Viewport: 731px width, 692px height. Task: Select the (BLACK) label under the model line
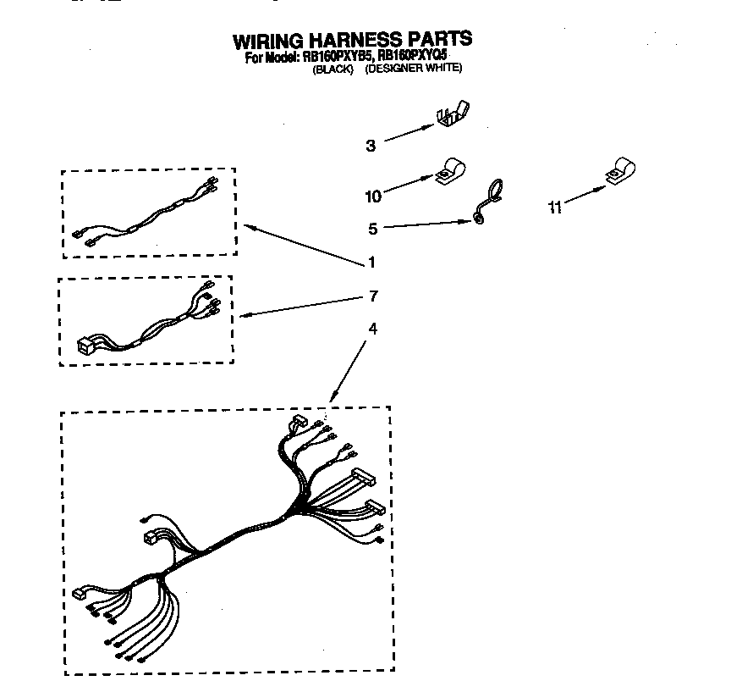(x=333, y=69)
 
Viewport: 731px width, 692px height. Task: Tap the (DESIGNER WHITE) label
(x=414, y=69)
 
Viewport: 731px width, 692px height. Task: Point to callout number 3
(x=371, y=145)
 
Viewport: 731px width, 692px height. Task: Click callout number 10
(x=373, y=197)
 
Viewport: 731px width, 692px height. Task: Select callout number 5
(x=372, y=227)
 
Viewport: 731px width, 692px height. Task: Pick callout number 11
(x=555, y=207)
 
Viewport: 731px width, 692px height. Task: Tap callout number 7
(x=373, y=296)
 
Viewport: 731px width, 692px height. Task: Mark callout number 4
(x=371, y=328)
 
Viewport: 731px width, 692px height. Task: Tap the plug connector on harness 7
(x=85, y=344)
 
